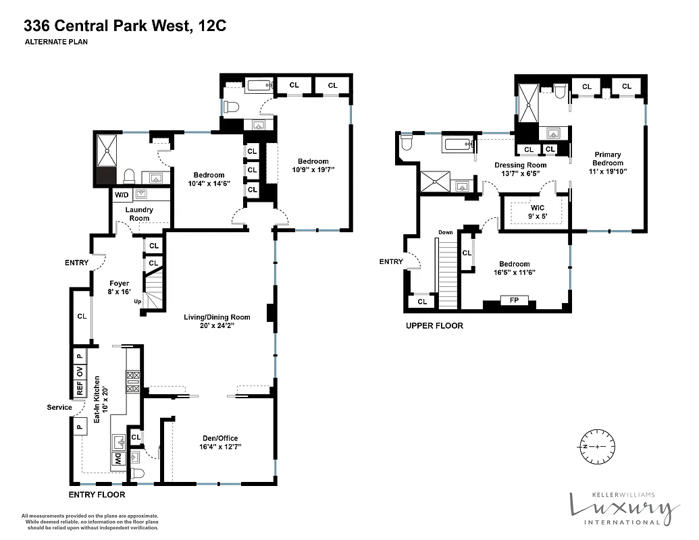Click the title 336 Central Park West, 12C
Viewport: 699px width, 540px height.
pyautogui.click(x=125, y=26)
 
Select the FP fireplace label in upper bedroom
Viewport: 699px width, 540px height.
pyautogui.click(x=514, y=300)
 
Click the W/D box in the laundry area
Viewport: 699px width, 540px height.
pyautogui.click(x=122, y=195)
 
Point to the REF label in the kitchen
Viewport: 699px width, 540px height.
pyautogui.click(x=80, y=389)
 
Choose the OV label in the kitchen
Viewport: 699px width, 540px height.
pyautogui.click(x=80, y=372)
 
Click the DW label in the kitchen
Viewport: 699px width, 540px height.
pyautogui.click(x=115, y=461)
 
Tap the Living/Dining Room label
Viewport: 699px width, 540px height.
pyautogui.click(x=217, y=321)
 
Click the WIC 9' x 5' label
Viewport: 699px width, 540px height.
pyautogui.click(x=538, y=212)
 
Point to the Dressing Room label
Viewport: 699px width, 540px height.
pyautogui.click(x=520, y=169)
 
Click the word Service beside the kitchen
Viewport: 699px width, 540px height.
pyautogui.click(x=59, y=408)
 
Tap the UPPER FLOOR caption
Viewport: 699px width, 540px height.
pyautogui.click(x=434, y=325)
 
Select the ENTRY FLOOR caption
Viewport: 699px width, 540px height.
pyautogui.click(x=97, y=495)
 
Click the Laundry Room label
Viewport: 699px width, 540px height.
pyautogui.click(x=139, y=214)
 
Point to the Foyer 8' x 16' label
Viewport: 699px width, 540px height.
pyautogui.click(x=119, y=288)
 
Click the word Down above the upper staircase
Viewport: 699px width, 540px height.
pyautogui.click(x=445, y=233)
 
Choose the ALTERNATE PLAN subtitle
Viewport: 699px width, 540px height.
pyautogui.click(x=57, y=42)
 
